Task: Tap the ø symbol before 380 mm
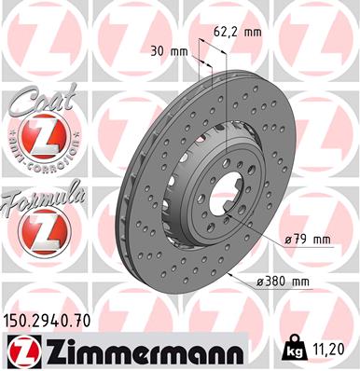click(257, 282)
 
